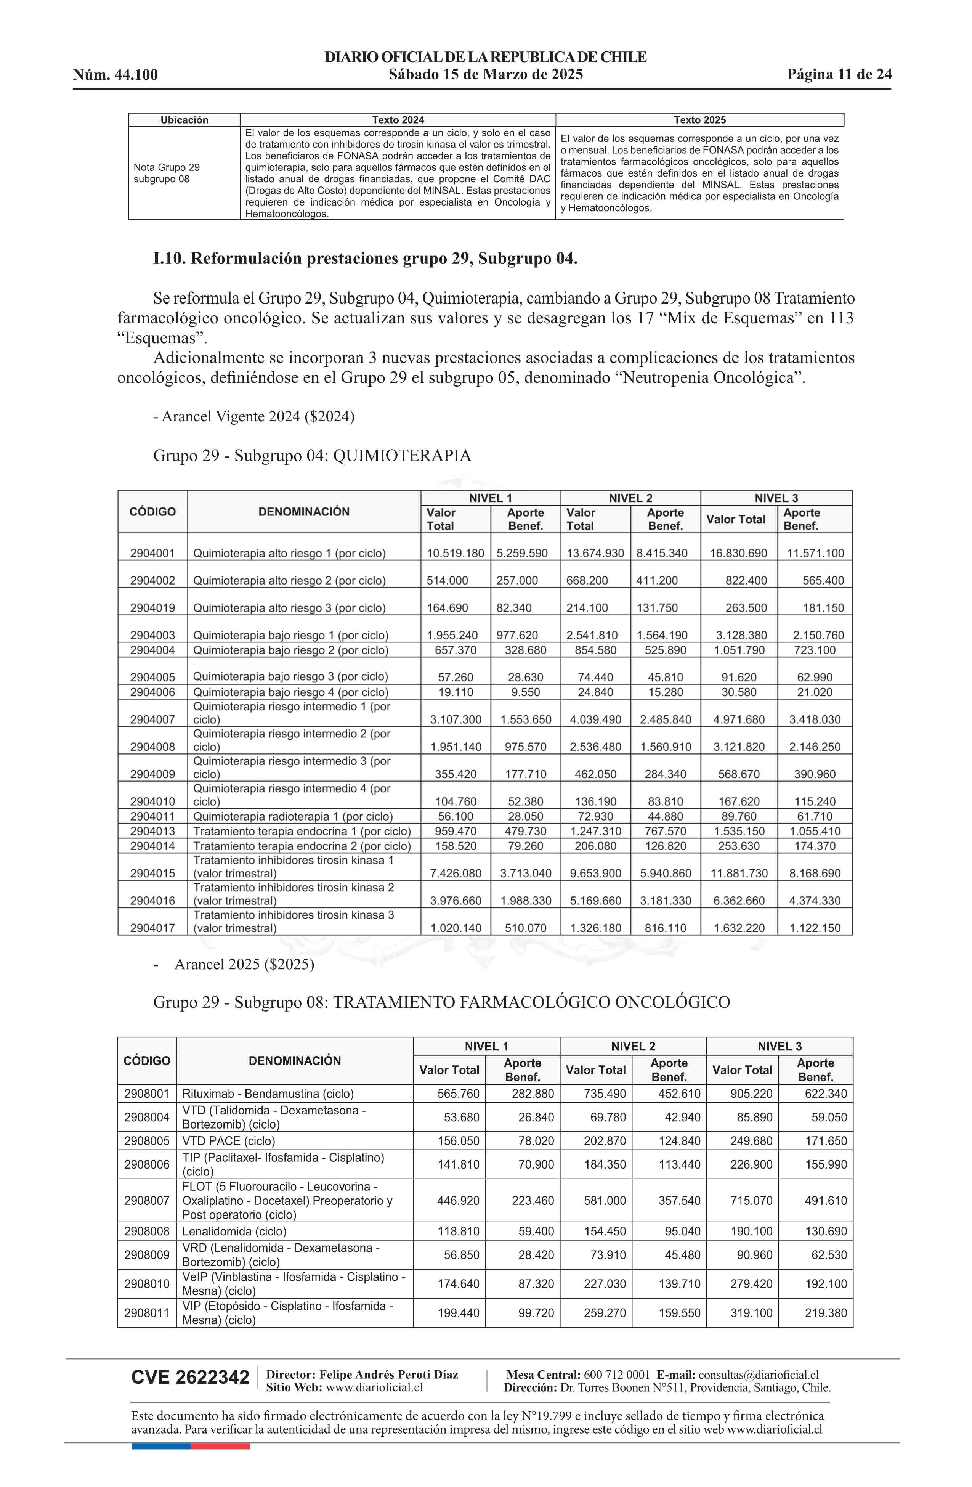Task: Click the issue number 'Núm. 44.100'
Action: tap(115, 75)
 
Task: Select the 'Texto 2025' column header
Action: tap(699, 120)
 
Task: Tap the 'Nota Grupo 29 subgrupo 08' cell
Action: tap(167, 173)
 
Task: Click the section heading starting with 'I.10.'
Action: tap(366, 259)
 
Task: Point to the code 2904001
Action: tap(152, 553)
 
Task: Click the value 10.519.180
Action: tap(456, 553)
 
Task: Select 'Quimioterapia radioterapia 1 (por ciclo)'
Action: tap(293, 817)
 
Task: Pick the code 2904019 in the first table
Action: tap(152, 608)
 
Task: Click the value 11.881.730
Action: tap(739, 874)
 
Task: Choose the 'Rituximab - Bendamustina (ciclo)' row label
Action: tap(268, 1094)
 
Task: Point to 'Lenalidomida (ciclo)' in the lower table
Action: tap(234, 1232)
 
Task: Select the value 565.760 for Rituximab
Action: tap(459, 1094)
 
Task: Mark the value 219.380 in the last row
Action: tap(826, 1313)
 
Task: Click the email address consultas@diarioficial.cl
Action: tap(759, 1375)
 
